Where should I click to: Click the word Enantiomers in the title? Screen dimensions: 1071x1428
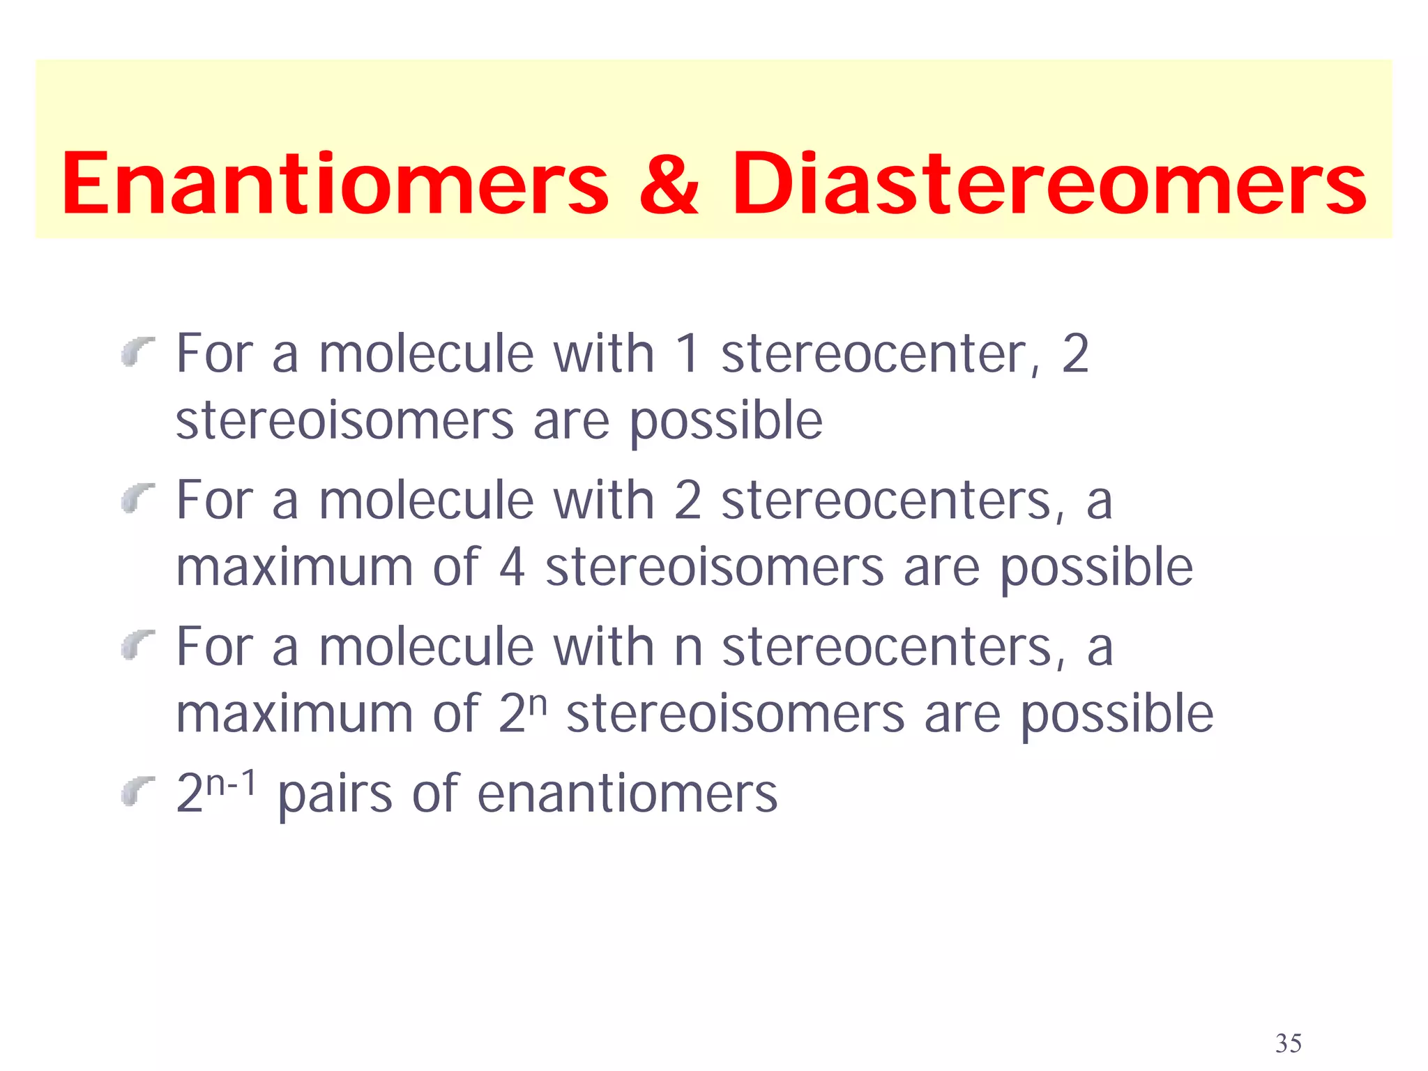pos(335,184)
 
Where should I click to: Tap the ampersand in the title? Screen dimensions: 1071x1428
pos(668,184)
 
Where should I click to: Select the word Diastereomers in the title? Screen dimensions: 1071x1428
pos(1049,184)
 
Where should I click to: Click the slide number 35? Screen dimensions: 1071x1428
pos(1288,1043)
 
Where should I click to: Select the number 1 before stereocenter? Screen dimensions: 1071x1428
pos(687,354)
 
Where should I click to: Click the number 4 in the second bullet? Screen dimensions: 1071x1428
pos(512,568)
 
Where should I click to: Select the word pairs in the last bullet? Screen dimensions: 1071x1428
pos(335,795)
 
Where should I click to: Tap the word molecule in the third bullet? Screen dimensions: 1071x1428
pos(426,647)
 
